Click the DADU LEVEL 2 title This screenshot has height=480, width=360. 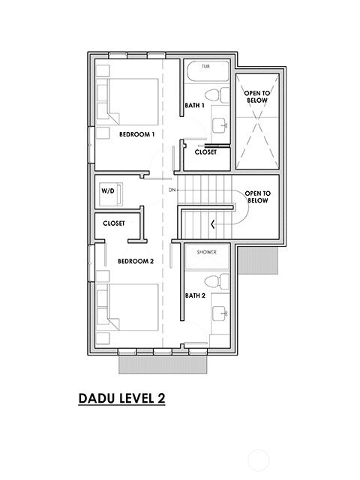click(x=121, y=398)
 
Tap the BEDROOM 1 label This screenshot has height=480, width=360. click(x=136, y=134)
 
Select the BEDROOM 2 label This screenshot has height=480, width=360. click(x=136, y=261)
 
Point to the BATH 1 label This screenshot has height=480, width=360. click(x=195, y=106)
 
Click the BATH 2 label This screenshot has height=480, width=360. click(x=195, y=295)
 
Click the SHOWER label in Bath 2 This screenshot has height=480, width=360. click(x=207, y=253)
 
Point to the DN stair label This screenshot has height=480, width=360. click(x=171, y=190)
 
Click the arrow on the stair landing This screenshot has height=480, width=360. click(x=213, y=223)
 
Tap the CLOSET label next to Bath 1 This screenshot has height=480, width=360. click(x=205, y=152)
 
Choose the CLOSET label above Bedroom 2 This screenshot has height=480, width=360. click(x=114, y=223)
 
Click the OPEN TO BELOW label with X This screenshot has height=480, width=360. click(x=257, y=97)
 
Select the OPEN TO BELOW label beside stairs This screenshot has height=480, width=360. click(x=257, y=196)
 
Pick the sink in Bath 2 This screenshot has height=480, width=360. click(x=220, y=315)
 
